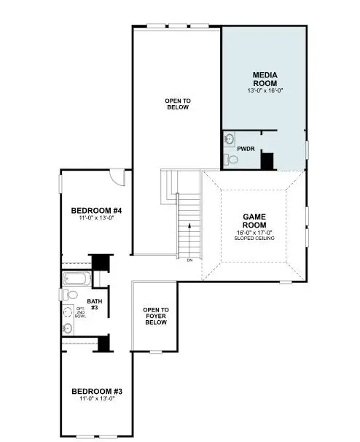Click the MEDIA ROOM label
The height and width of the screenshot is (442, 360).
[x=264, y=79]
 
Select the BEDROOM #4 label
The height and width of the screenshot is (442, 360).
[x=91, y=211]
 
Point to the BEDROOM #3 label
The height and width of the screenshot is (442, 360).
[x=93, y=390]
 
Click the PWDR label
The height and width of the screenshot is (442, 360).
[x=245, y=148]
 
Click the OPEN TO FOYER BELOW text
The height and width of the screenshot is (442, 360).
[x=155, y=316]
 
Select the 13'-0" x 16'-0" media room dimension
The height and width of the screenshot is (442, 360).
[x=264, y=90]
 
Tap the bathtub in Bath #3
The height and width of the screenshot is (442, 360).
[x=74, y=279]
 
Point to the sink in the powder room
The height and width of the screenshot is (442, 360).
[x=229, y=139]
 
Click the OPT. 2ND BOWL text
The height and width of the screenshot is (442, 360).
[x=80, y=314]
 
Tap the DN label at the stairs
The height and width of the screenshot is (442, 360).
[x=189, y=260]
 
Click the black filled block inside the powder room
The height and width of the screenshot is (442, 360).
[x=267, y=160]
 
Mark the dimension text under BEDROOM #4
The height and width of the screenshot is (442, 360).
[x=91, y=218]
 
